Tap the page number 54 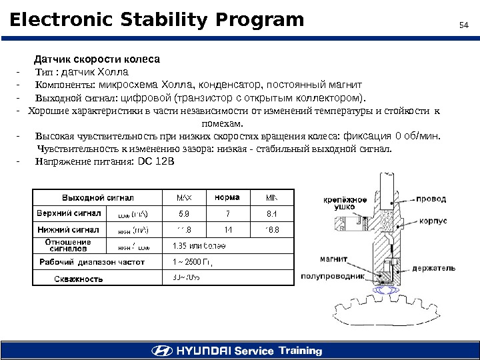pos(465,25)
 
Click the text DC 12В pos(155,161)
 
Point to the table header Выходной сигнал pos(98,197)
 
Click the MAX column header pos(183,197)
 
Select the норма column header pos(227,197)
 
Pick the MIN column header pos(272,197)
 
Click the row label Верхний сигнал pos(67,213)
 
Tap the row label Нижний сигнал pos(67,229)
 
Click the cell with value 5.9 pos(184,214)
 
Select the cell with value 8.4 pos(271,214)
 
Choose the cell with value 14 pos(228,230)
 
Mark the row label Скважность pos(78,279)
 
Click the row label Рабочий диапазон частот pos(93,262)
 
